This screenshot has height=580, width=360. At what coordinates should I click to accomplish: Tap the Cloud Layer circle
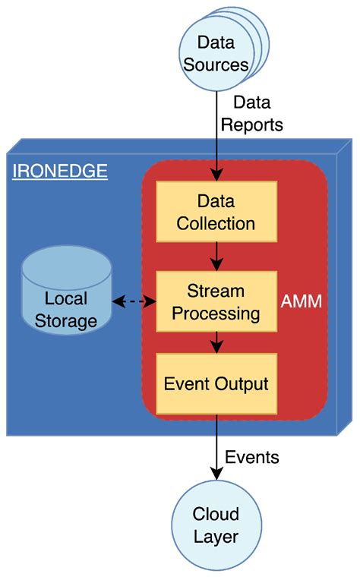216,525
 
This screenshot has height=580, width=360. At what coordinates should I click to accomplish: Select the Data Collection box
216,213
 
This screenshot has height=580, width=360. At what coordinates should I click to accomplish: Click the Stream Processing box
216,301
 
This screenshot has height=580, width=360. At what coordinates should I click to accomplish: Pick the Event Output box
216,383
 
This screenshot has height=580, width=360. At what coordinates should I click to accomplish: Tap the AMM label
301,301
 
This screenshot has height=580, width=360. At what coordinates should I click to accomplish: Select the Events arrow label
252,457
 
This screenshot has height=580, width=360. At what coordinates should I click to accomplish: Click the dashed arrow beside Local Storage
134,301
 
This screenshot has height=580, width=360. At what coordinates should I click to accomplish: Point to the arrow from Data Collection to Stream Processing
216,256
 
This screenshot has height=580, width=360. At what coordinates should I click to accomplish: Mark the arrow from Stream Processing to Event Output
216,342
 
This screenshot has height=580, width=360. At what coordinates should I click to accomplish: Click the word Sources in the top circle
216,65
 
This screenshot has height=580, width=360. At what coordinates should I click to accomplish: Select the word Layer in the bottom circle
216,537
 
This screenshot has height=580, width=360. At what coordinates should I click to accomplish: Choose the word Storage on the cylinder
67,320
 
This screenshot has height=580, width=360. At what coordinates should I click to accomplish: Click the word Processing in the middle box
216,313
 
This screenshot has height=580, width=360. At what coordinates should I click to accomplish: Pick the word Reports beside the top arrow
257,125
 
